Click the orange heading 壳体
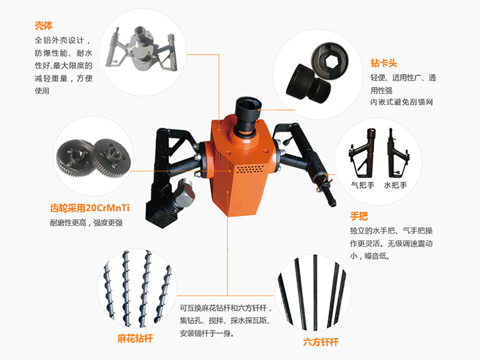coord(44,26)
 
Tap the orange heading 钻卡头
coord(383,63)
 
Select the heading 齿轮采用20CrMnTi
coord(90,208)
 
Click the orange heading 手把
coord(358,216)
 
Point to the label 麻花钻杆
coord(135,338)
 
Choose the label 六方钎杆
coord(321,342)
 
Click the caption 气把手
coord(363,185)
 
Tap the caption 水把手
coord(396,185)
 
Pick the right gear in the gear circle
coord(111,157)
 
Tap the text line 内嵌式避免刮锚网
coord(402,102)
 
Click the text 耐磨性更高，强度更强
coord(86,223)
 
